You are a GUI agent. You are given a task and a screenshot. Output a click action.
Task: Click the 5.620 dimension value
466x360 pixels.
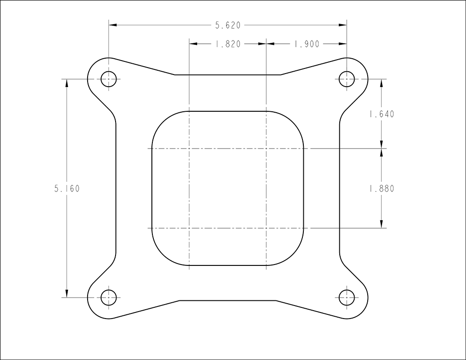click(227, 26)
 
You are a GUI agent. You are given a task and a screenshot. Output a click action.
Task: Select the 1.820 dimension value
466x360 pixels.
click(227, 44)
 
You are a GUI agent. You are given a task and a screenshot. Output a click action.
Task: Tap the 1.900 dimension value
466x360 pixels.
click(306, 44)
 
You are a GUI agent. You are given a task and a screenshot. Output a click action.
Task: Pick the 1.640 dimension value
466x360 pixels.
click(381, 114)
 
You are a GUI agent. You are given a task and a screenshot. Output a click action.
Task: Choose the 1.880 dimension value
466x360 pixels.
click(381, 189)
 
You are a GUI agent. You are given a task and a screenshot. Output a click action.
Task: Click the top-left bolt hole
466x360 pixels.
click(109, 79)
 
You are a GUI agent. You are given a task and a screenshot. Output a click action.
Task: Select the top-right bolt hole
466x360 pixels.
click(346, 79)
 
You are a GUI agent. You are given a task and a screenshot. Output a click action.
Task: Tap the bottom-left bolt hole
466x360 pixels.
click(109, 297)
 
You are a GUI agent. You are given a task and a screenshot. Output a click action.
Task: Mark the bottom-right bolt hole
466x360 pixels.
click(346, 297)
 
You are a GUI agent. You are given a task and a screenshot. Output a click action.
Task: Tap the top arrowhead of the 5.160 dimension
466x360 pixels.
click(67, 82)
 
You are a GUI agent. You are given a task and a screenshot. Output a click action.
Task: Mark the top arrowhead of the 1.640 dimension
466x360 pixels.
click(382, 82)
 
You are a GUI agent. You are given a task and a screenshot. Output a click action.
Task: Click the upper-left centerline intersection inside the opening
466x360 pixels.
click(189, 149)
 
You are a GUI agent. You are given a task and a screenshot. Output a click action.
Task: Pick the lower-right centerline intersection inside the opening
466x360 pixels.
click(266, 228)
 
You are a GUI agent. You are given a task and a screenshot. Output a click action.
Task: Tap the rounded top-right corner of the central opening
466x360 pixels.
click(295, 120)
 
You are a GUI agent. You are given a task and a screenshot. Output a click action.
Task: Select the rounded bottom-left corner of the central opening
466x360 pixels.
click(161, 257)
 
